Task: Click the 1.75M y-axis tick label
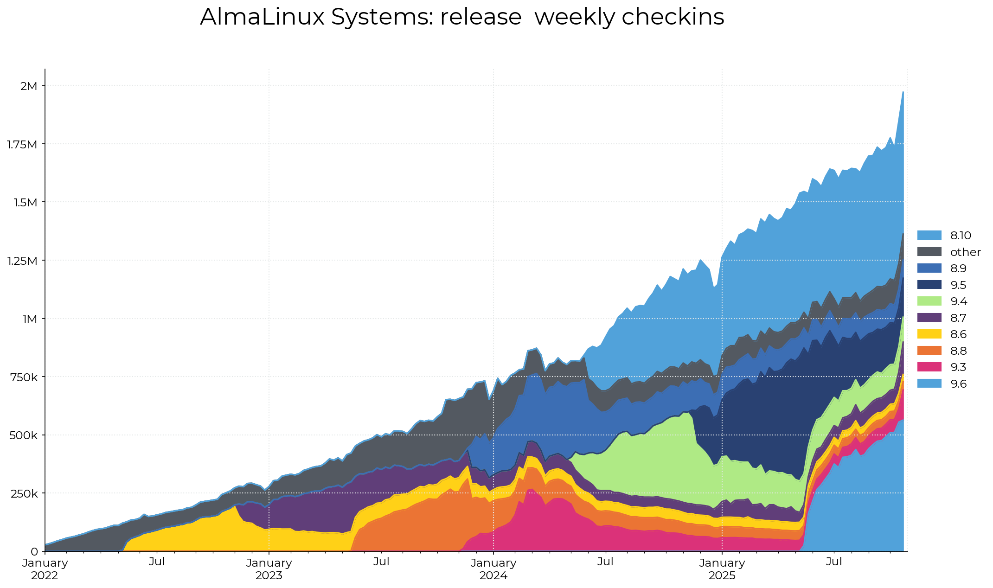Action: point(22,144)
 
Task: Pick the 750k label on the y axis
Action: point(25,377)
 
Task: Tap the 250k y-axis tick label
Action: point(25,493)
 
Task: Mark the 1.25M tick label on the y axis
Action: point(22,261)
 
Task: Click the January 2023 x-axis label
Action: point(269,569)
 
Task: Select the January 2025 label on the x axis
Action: point(722,569)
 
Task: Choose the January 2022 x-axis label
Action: point(45,569)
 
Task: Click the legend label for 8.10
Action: point(961,236)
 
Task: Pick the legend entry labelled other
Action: point(965,252)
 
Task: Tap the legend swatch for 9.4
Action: point(929,301)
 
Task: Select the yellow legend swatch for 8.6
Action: point(929,334)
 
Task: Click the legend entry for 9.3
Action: point(958,367)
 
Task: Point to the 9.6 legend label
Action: point(958,384)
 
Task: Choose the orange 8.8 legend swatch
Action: point(929,351)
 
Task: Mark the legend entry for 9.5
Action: point(958,285)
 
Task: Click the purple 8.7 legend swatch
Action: point(929,318)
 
